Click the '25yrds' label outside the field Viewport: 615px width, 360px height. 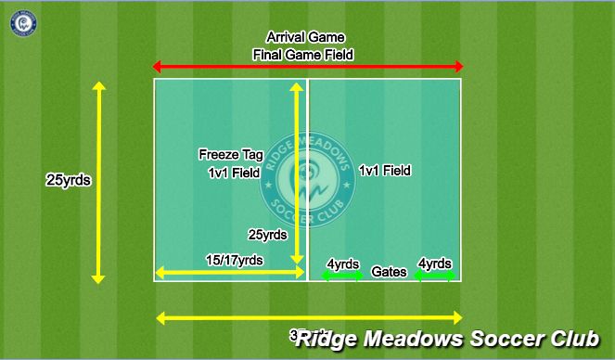[x=68, y=181]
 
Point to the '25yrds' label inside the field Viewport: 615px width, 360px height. [x=268, y=235]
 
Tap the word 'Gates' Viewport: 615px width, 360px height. [x=389, y=273]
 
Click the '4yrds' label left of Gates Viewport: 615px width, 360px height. [x=343, y=264]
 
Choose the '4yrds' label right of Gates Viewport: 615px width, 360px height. [x=435, y=264]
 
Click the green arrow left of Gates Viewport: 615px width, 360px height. [x=343, y=276]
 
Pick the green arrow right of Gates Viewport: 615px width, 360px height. [x=436, y=276]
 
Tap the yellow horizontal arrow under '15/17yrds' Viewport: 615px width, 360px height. [x=230, y=273]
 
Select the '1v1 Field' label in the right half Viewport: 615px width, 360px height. [x=384, y=171]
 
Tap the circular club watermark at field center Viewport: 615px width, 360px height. [x=307, y=176]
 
